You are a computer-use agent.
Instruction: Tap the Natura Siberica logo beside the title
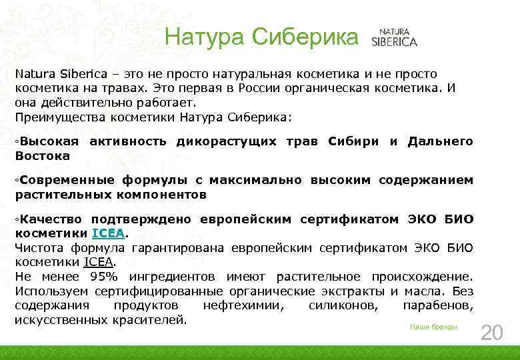coord(398,37)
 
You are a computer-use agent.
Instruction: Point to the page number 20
coord(492,333)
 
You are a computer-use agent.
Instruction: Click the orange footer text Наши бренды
coord(433,327)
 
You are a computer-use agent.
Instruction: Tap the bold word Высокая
coord(48,141)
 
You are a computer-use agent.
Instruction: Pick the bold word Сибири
coord(353,141)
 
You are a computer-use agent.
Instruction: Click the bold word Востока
coord(43,156)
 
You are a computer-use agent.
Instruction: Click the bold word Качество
coord(50,219)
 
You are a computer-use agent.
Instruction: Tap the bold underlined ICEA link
coord(108,234)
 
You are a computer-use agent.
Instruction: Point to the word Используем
coord(51,291)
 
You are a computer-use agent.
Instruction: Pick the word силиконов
coord(342,306)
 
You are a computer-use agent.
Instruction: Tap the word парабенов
coord(438,306)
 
